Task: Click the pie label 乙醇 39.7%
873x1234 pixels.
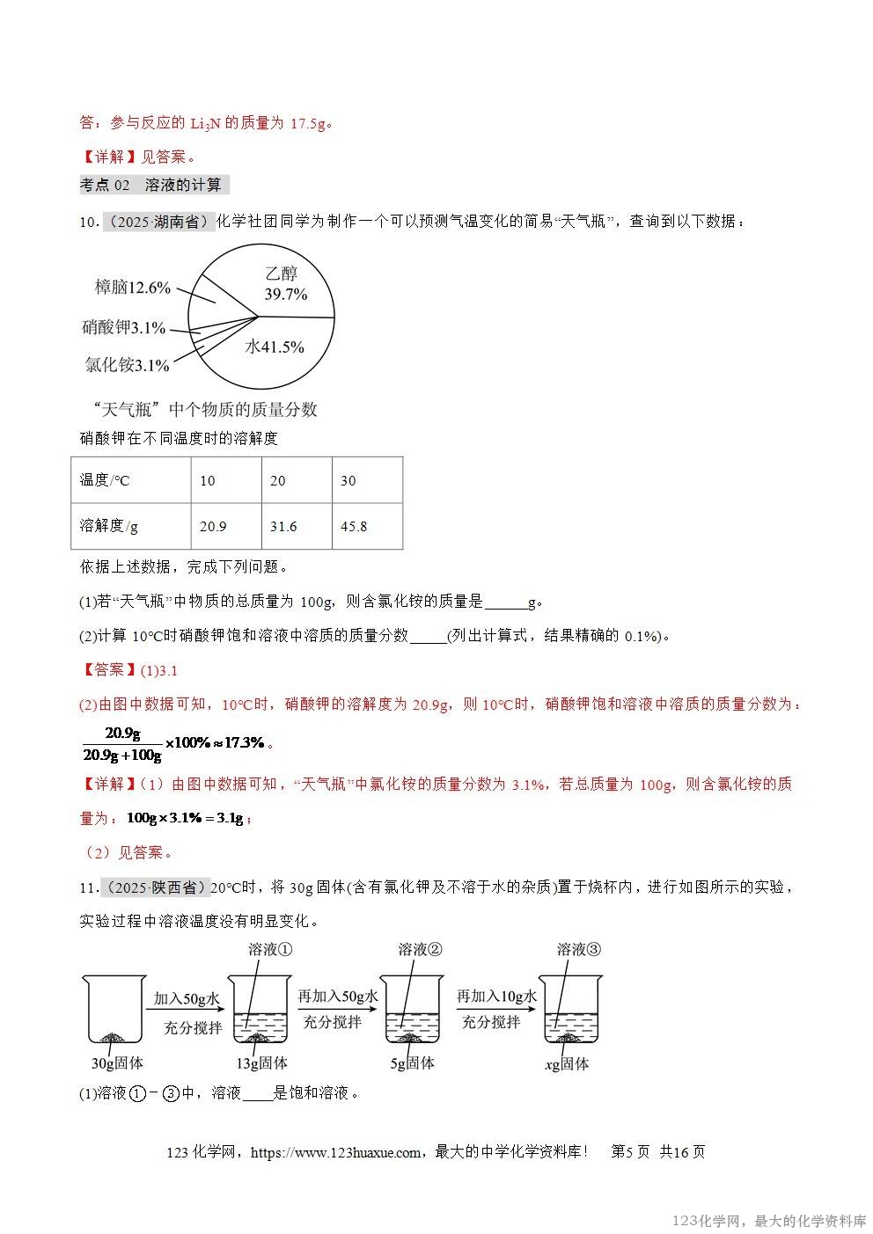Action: coord(285,284)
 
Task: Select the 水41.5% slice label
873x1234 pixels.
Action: coord(275,347)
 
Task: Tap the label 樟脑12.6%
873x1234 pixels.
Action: coord(132,288)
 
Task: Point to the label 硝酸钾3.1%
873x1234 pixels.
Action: coord(123,328)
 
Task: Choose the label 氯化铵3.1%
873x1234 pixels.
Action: coord(127,365)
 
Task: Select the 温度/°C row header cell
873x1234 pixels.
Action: coord(131,480)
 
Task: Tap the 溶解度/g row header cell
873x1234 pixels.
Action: coord(131,526)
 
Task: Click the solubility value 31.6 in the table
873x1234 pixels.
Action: coord(297,526)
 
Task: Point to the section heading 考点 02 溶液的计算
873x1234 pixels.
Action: coord(153,185)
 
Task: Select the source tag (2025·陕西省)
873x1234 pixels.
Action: coord(156,887)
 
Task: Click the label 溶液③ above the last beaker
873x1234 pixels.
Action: coord(579,949)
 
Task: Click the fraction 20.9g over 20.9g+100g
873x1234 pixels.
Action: coord(121,744)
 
